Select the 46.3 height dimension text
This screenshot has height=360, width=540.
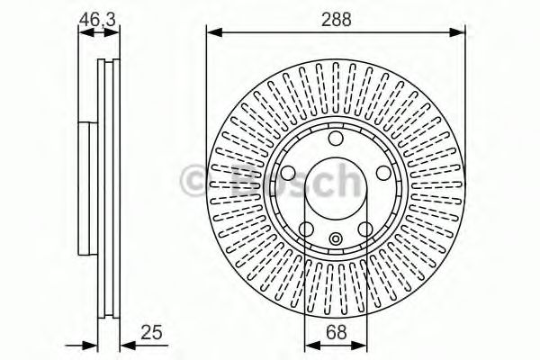coord(98,16)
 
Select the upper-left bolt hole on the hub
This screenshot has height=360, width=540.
coord(288,173)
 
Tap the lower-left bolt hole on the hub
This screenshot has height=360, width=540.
coord(306,229)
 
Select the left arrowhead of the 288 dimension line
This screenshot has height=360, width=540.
coord(213,34)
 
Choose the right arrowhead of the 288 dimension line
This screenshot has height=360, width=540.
coord(460,34)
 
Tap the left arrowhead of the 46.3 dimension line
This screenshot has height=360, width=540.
coord(83,34)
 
